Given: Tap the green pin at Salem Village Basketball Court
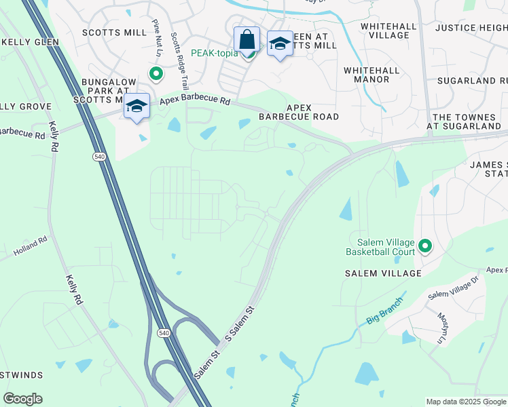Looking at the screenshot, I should point(425,246).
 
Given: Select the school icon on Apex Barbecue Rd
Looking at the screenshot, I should point(137,106).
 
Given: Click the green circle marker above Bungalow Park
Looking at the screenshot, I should point(156,74).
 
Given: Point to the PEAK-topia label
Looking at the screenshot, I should point(215,53).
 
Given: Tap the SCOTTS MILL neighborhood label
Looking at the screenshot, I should point(114,33).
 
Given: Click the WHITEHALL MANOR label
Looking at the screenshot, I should point(367,75).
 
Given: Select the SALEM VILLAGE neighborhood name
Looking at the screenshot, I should point(383,273).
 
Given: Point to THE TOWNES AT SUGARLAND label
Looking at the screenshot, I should point(466,121).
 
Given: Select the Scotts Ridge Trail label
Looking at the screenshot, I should point(180,61).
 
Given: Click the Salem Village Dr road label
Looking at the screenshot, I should point(454,291).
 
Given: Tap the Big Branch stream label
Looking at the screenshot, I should point(384,307).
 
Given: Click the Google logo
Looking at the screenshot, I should point(22,399).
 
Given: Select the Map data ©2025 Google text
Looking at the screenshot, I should point(466,402).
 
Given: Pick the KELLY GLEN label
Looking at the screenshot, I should point(31,42).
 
